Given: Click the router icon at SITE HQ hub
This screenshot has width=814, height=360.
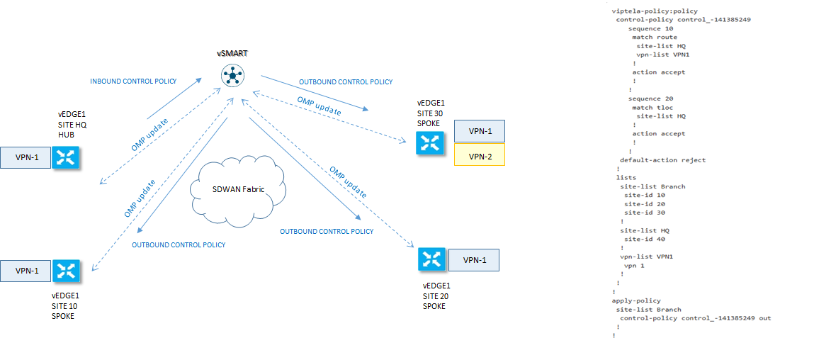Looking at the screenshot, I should point(65,157).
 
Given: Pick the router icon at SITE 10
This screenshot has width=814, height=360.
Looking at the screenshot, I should point(66,270).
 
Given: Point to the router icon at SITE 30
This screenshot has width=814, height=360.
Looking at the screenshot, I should point(430,143).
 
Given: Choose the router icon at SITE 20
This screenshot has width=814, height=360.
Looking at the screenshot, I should point(431,259).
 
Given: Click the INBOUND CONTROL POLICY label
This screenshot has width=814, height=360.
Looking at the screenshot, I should point(133,81).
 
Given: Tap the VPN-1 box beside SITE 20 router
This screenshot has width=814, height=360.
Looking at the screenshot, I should point(473,260).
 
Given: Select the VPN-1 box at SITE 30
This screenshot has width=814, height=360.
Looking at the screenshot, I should point(480,131).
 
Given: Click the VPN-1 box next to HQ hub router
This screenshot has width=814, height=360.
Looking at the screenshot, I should point(26,158).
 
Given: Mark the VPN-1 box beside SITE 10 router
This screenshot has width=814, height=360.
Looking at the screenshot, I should point(26,271).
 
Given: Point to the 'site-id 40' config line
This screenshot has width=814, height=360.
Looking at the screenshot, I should point(645,239).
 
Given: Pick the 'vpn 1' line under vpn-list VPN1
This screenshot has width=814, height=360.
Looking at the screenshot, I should point(634,265).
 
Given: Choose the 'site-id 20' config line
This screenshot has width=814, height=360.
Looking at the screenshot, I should point(645,204).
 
